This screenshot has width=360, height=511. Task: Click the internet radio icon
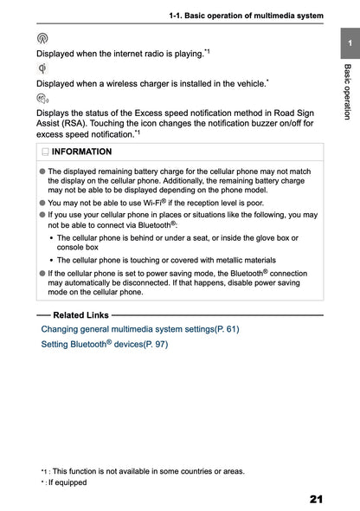pyautogui.click(x=43, y=39)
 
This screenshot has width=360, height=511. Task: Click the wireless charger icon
pyautogui.click(x=43, y=68)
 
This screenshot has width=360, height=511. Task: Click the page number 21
pyautogui.click(x=316, y=499)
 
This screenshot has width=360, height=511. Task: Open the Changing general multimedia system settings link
pyautogui.click(x=140, y=329)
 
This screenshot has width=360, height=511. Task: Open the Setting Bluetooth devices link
pyautogui.click(x=105, y=344)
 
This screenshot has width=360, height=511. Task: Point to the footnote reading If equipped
pyautogui.click(x=67, y=482)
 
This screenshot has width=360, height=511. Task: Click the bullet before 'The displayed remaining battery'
pyautogui.click(x=42, y=172)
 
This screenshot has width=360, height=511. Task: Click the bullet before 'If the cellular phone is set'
pyautogui.click(x=42, y=272)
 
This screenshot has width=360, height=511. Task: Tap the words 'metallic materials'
pyautogui.click(x=243, y=259)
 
